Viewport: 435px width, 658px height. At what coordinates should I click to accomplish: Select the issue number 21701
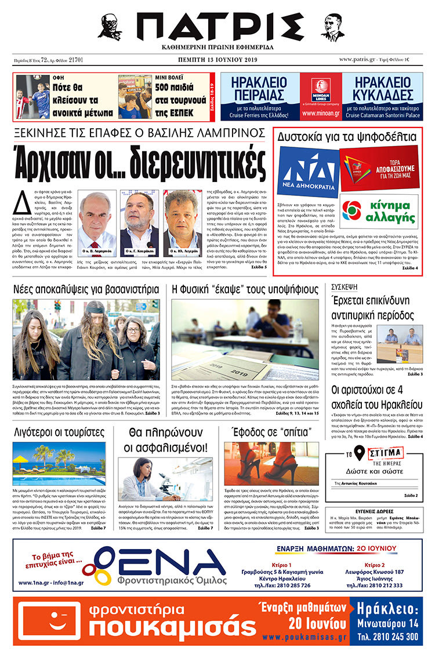(x=75, y=60)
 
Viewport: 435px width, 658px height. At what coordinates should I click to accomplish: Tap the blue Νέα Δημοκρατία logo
(x=307, y=172)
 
